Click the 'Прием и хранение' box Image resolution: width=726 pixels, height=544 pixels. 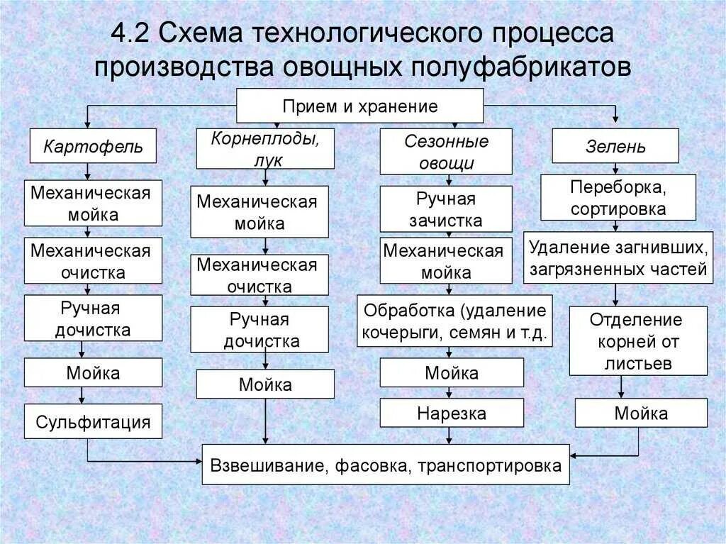(x=359, y=106)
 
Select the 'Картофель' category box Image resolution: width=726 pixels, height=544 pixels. (x=93, y=147)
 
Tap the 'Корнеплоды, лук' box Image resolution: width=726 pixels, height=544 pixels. (x=264, y=149)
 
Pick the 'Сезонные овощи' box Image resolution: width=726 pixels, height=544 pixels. (x=446, y=152)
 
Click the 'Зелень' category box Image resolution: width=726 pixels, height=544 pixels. (x=615, y=146)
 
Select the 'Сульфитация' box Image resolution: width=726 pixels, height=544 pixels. (x=93, y=422)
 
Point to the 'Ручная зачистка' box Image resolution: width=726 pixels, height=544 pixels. (x=446, y=209)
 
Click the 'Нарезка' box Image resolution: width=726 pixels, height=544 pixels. (x=452, y=413)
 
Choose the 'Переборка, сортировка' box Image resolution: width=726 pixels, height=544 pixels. (x=618, y=198)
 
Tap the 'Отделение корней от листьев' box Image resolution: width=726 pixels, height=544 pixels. (x=638, y=341)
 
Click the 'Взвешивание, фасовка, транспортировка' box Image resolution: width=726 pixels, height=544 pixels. (x=385, y=465)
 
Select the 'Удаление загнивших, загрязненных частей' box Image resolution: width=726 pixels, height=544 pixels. (x=618, y=258)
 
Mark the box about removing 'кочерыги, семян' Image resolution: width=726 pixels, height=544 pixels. (x=454, y=321)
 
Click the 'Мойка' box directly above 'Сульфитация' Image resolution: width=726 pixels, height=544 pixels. (x=93, y=372)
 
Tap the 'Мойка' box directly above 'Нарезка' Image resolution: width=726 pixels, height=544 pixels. (x=452, y=372)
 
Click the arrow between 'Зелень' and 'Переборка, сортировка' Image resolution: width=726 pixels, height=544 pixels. (x=615, y=170)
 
